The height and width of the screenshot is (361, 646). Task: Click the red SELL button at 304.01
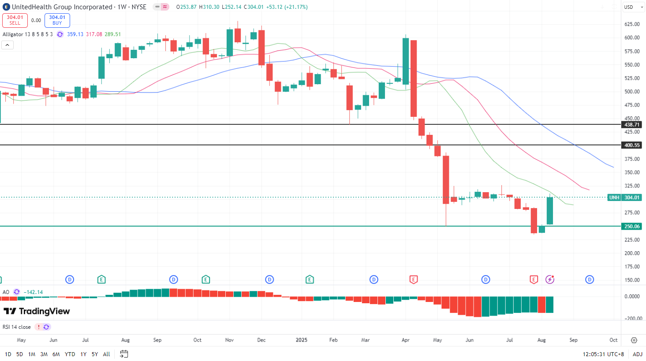coord(15,20)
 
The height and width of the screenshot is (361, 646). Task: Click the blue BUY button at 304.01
coord(57,20)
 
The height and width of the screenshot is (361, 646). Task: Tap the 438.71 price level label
coord(632,125)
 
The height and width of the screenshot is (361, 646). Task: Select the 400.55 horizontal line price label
coord(632,145)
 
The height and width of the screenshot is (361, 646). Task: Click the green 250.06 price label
coord(632,227)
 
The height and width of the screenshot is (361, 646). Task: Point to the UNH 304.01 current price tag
coord(625,197)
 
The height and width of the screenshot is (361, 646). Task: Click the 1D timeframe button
coord(8,354)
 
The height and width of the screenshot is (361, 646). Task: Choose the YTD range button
coord(70,354)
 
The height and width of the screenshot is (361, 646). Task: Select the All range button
coord(106,354)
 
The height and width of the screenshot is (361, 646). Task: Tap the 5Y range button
coord(95,354)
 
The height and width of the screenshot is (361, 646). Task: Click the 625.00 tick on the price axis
coord(632,24)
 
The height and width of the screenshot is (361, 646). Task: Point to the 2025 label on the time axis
coord(302,340)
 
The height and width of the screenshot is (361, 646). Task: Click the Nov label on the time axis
coord(229,340)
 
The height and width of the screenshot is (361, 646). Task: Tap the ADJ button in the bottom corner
coord(637,354)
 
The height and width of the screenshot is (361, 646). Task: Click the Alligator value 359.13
coord(75,34)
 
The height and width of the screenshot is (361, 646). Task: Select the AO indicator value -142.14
coord(34,292)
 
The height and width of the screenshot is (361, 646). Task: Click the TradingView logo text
coord(37,311)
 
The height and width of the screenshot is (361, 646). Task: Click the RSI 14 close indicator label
coord(17,327)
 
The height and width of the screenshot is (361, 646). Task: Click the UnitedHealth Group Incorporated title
coord(62,7)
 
